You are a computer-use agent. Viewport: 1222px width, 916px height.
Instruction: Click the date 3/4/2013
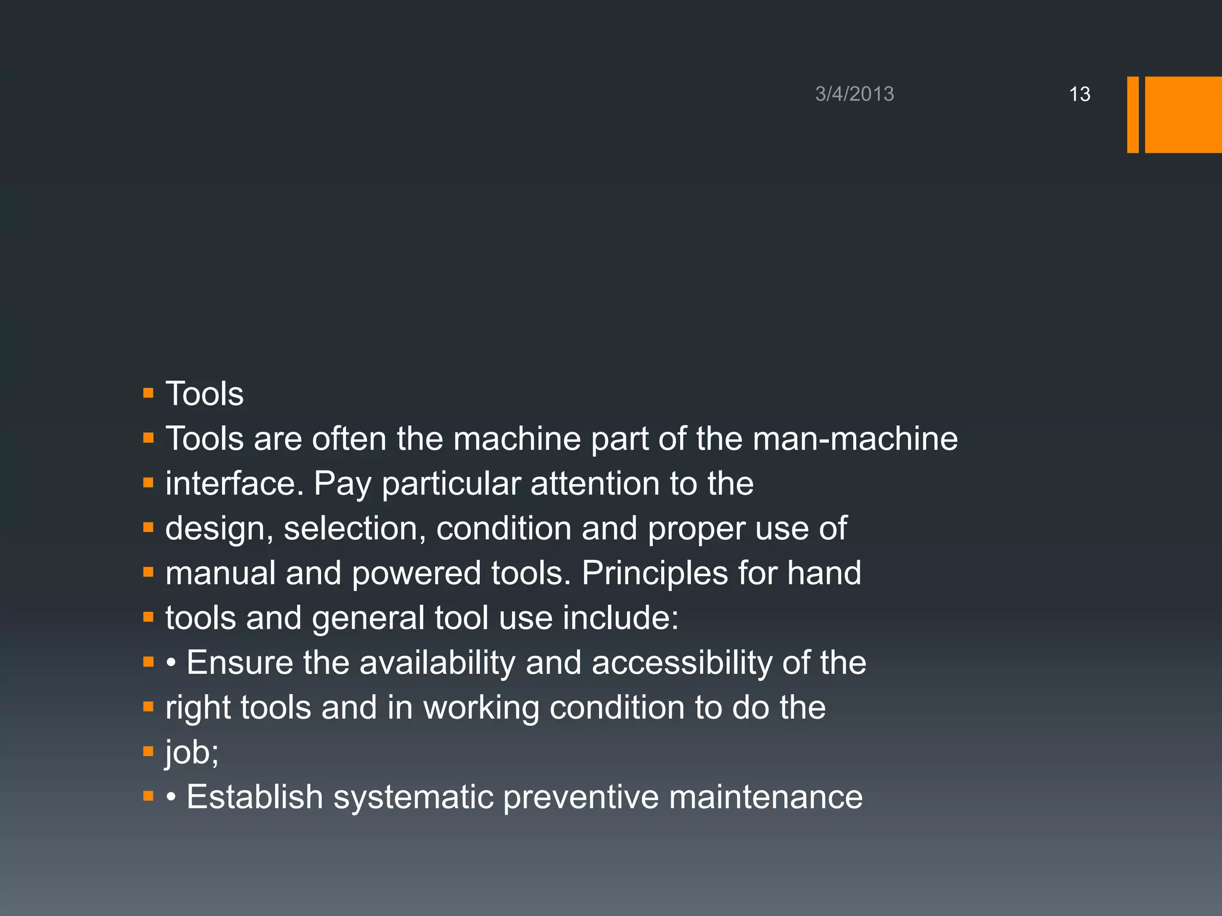pyautogui.click(x=854, y=94)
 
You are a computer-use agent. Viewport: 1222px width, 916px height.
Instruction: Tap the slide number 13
pyautogui.click(x=1079, y=94)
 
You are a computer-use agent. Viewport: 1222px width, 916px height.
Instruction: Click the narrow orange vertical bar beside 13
pyautogui.click(x=1132, y=114)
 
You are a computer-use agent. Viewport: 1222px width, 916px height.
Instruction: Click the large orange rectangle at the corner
pyautogui.click(x=1183, y=114)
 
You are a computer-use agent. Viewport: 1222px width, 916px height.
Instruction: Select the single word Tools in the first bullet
pyautogui.click(x=204, y=394)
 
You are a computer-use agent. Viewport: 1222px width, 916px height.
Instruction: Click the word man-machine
pyautogui.click(x=855, y=439)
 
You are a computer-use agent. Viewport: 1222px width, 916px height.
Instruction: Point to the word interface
pyautogui.click(x=234, y=483)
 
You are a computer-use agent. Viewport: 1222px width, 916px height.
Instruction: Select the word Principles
pyautogui.click(x=655, y=573)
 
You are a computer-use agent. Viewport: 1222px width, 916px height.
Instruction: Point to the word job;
pyautogui.click(x=192, y=753)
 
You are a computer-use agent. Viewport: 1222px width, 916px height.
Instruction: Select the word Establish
pyautogui.click(x=255, y=797)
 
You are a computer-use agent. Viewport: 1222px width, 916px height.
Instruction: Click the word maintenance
pyautogui.click(x=766, y=797)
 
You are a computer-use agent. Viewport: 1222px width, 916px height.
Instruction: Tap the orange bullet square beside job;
pyautogui.click(x=149, y=751)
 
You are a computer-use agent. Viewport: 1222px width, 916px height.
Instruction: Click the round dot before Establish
pyautogui.click(x=171, y=798)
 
